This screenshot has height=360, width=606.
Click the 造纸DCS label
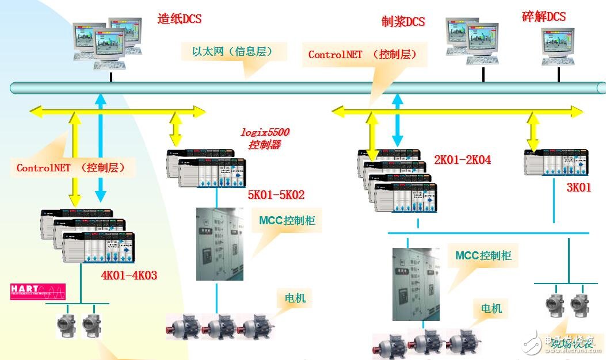pyautogui.click(x=179, y=19)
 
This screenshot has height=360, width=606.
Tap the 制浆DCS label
pyautogui.click(x=403, y=22)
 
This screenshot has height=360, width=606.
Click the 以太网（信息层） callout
pyautogui.click(x=232, y=52)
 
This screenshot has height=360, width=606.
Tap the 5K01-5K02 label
pyautogui.click(x=276, y=195)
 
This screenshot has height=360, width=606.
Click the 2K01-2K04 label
pyautogui.click(x=462, y=160)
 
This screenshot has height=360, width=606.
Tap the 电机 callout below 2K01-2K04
pyautogui.click(x=491, y=308)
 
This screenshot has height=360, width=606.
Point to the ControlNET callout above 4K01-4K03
pyautogui.click(x=75, y=168)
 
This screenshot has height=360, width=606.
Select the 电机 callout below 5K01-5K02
pyautogui.click(x=295, y=298)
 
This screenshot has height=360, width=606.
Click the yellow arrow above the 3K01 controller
pyautogui.click(x=533, y=131)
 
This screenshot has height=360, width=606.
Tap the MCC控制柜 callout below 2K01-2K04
pyautogui.click(x=483, y=255)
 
